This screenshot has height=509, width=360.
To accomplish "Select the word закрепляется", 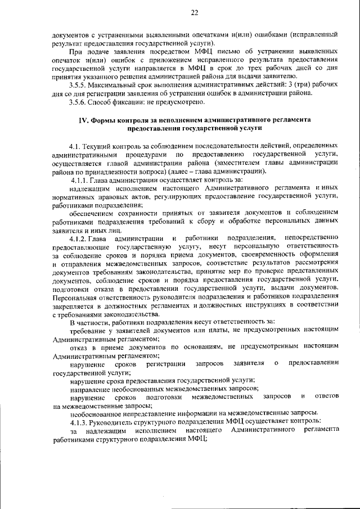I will (x=74, y=304).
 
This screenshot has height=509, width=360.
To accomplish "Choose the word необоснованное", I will (x=98, y=413).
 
